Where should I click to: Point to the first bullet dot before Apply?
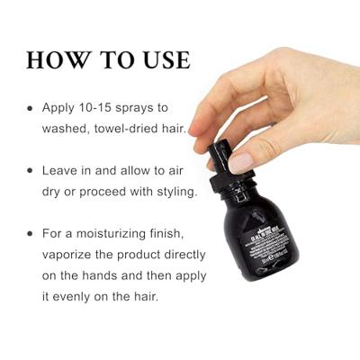tap(30, 107)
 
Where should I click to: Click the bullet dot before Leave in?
tap(30, 170)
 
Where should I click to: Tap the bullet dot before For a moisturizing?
tap(30, 234)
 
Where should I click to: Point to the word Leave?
tap(63, 169)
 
